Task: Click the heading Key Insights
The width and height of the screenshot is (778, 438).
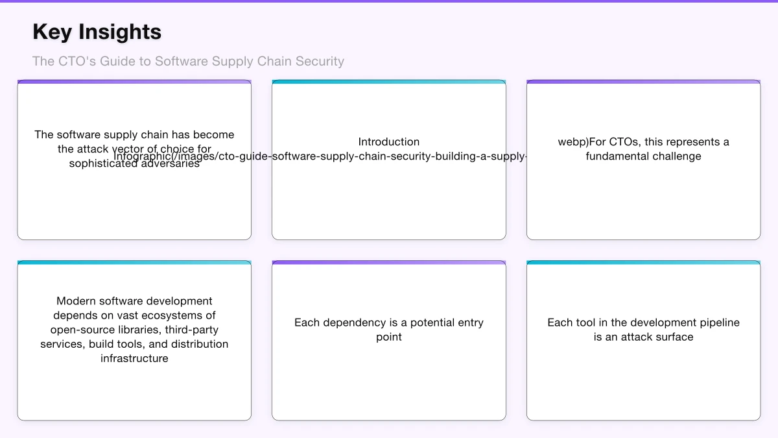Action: point(97,32)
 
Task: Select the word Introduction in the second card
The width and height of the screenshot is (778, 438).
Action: point(388,142)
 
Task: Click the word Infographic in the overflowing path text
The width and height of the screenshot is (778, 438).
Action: point(143,156)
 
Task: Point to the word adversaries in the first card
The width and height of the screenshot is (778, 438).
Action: point(169,164)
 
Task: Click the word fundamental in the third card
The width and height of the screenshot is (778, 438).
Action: point(615,156)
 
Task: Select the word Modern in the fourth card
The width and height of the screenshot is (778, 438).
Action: point(76,301)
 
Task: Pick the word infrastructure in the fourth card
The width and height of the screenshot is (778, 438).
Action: point(134,358)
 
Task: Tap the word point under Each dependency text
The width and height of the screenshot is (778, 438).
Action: point(388,337)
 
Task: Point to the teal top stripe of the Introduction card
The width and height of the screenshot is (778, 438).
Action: point(388,82)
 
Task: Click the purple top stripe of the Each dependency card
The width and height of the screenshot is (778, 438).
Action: point(388,263)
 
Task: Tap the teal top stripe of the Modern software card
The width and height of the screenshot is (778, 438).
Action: point(134,263)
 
